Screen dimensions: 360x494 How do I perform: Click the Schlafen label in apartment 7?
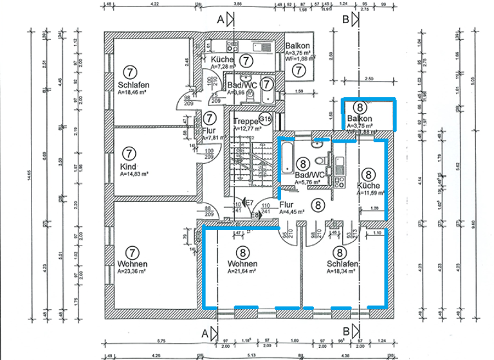coord(134,85)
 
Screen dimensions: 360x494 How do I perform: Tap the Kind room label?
coord(128,166)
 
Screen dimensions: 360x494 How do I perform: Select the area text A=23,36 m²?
coord(133,272)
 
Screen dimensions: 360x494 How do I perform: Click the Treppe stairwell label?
coord(245,121)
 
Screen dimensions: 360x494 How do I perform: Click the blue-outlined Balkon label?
coord(360,119)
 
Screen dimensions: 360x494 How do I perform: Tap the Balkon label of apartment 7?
coord(298,46)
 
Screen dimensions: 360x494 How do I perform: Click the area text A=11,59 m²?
coord(370,192)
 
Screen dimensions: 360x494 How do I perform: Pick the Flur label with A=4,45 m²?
coord(287,206)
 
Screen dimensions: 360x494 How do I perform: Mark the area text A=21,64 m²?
coord(242,272)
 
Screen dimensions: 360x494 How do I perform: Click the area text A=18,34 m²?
coord(341,272)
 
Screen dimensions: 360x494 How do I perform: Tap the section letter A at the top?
coord(220,20)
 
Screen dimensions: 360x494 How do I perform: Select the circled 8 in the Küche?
coord(368,174)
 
